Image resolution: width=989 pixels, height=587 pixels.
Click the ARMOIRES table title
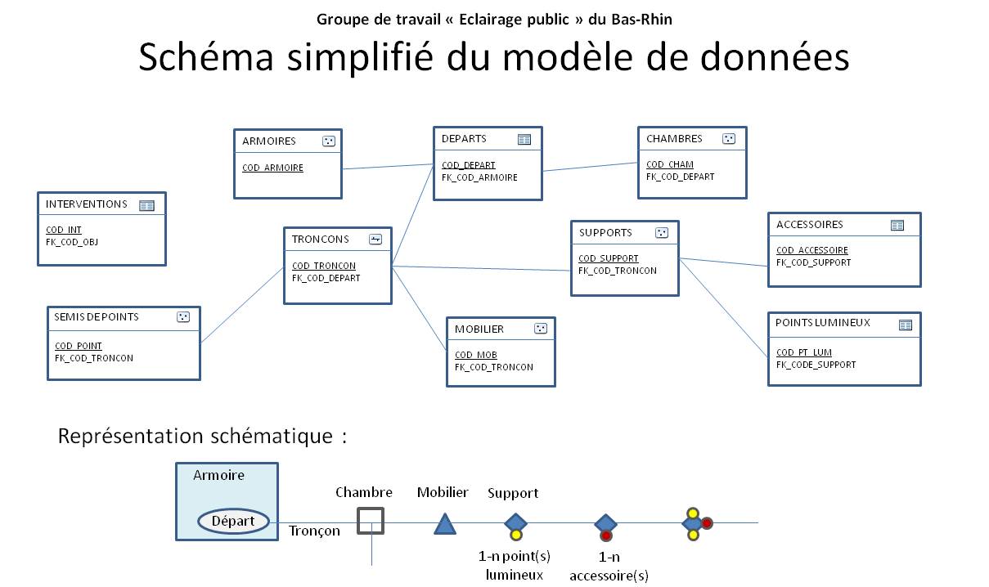pos(269,141)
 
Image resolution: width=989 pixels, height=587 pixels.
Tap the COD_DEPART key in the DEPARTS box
pos(469,165)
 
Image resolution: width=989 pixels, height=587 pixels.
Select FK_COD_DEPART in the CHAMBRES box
pos(680,177)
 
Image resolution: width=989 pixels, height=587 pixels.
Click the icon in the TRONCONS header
pos(375,240)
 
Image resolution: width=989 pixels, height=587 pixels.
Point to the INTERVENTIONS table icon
pos(146,206)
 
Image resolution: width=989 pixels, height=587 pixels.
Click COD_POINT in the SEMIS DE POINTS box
pos(79,346)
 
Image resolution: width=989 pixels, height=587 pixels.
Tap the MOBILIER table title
pos(479,329)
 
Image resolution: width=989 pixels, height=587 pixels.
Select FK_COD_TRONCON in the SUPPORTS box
pos(618,271)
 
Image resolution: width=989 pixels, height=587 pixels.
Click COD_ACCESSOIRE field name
pos(812,250)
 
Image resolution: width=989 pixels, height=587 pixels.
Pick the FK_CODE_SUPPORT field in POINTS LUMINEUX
pos(816,365)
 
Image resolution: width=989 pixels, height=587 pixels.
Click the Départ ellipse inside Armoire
pos(233,521)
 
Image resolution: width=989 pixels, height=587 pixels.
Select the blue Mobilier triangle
pos(445,525)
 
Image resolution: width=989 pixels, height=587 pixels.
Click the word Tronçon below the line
pos(314,531)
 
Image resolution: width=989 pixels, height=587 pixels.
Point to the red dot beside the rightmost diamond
pos(707,523)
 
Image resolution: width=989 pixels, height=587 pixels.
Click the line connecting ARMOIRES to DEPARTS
pos(387,167)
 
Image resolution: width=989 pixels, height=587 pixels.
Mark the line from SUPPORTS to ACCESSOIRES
pos(723,262)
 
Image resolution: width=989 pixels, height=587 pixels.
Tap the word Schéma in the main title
pos(206,57)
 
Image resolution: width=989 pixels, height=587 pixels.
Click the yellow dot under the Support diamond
pos(515,535)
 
